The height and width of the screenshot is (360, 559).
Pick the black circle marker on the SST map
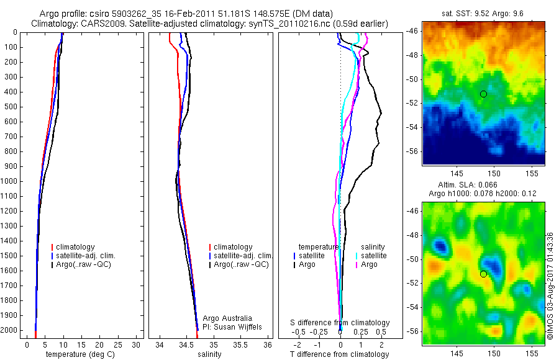tap(483, 94)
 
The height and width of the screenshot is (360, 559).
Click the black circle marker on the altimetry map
tap(483, 274)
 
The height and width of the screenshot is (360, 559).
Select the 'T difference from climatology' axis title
tap(340, 354)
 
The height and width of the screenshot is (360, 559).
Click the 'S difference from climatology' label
tap(340, 323)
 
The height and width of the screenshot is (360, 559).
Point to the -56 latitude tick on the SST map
tap(412, 151)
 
